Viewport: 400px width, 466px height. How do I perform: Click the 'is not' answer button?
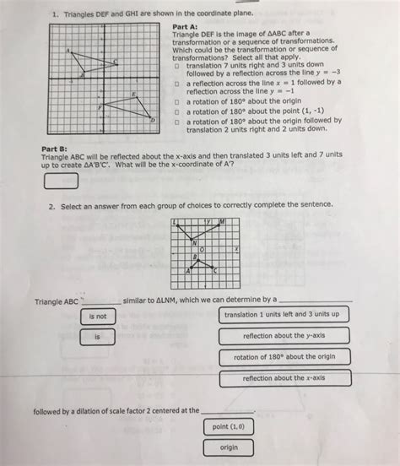coord(98,317)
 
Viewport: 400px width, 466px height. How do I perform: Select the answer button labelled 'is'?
coord(98,337)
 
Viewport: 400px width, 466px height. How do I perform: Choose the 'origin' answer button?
coord(229,448)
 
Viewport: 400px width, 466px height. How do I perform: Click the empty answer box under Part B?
coord(61,181)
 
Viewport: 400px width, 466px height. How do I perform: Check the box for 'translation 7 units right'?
coord(177,64)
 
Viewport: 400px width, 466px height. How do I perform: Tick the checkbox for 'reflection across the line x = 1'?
coord(177,84)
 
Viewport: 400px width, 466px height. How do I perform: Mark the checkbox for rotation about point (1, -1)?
coord(177,111)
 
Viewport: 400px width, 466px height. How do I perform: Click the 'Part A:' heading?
coord(185,25)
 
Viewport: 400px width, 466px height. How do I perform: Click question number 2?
coord(51,204)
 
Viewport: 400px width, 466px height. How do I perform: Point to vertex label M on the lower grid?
coord(222,221)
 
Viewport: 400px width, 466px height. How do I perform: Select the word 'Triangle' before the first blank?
coord(49,300)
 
